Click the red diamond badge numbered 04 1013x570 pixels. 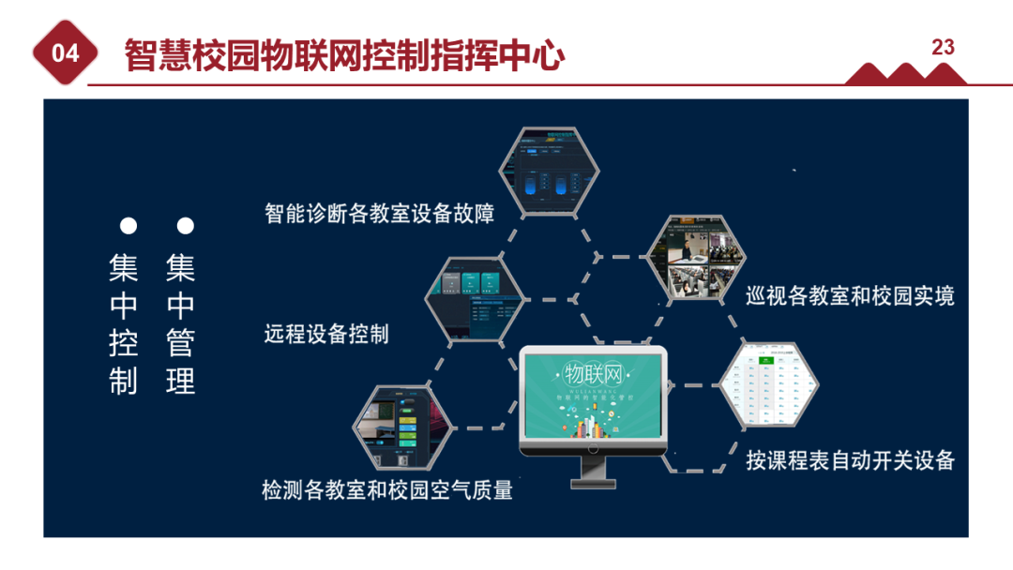(x=66, y=53)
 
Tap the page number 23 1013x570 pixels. (x=943, y=47)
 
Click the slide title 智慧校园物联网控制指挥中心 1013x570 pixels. (x=345, y=56)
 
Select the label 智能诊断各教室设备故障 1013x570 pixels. (x=379, y=214)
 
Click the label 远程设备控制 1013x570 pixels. (x=326, y=334)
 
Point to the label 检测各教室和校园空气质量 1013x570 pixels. (x=387, y=489)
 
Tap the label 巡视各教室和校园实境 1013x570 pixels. (x=850, y=297)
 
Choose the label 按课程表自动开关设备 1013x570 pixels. (x=850, y=460)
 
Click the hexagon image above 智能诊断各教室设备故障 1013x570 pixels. (x=549, y=172)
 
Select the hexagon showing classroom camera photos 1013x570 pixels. (x=697, y=258)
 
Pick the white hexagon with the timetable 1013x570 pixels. (x=769, y=385)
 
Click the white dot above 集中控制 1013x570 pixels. (x=129, y=226)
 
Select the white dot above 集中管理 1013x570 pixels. (x=186, y=226)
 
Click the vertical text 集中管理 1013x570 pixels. (x=181, y=324)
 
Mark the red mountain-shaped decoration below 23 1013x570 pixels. (x=905, y=74)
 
